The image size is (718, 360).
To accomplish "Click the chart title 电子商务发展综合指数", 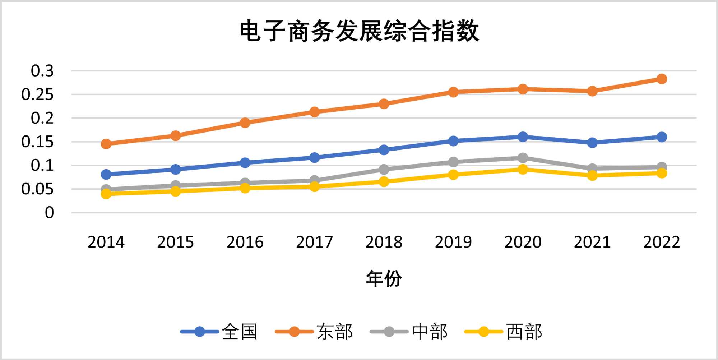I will (359, 31).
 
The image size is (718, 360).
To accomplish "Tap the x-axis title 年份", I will (384, 279).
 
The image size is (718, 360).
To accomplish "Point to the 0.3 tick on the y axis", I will (42, 71).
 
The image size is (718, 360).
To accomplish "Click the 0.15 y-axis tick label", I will (38, 142).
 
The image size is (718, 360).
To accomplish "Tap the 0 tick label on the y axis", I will (49, 213).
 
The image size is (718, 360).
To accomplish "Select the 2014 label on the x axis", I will (106, 242).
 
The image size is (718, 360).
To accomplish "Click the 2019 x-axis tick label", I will (453, 242).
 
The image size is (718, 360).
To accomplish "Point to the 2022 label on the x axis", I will (662, 242).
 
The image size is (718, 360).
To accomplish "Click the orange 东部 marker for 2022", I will (662, 79).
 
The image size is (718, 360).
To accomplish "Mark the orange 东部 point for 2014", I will (106, 144).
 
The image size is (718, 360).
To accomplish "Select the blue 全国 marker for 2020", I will (523, 137).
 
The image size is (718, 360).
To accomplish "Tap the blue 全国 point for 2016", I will (245, 163).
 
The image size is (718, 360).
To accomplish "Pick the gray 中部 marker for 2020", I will (523, 158).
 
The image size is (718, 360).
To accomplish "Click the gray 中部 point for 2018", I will (384, 169).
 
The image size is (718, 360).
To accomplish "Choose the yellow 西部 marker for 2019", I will (453, 175).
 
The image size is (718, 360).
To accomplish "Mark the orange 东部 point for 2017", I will (315, 112).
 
